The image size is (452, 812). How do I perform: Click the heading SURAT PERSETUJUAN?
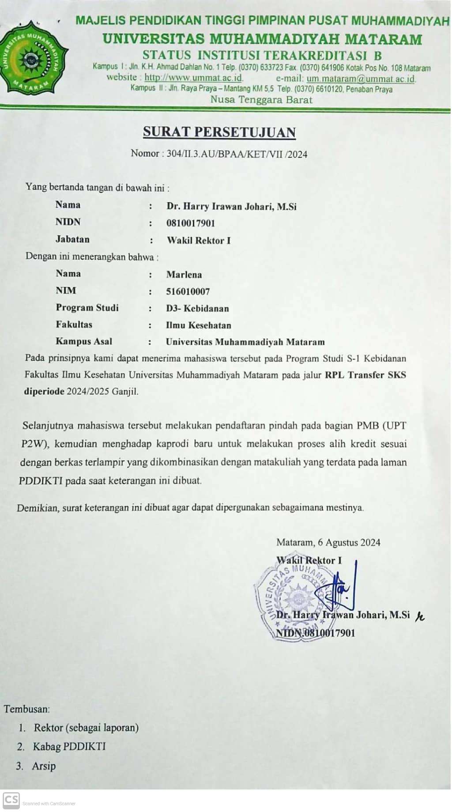pyautogui.click(x=219, y=132)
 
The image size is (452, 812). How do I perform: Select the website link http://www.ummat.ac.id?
pyautogui.click(x=193, y=78)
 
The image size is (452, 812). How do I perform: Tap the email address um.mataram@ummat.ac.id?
pyautogui.click(x=361, y=79)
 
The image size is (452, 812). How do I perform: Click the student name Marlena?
pyautogui.click(x=184, y=275)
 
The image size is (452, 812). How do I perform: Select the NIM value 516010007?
pyautogui.click(x=188, y=291)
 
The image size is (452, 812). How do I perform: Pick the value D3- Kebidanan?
pyautogui.click(x=197, y=308)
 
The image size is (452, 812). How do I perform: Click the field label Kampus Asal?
pyautogui.click(x=84, y=341)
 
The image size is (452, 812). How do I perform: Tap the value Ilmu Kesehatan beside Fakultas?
pyautogui.click(x=198, y=325)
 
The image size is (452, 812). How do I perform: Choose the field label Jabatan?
pyautogui.click(x=72, y=239)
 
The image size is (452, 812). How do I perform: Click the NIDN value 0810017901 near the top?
pyautogui.click(x=191, y=223)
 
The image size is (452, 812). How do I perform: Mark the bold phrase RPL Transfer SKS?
pyautogui.click(x=365, y=375)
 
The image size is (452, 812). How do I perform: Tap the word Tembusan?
pyautogui.click(x=26, y=709)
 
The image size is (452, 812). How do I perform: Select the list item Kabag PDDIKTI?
pyautogui.click(x=69, y=747)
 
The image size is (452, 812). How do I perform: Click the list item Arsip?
pyautogui.click(x=44, y=766)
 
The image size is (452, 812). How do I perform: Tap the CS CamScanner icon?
pyautogui.click(x=11, y=800)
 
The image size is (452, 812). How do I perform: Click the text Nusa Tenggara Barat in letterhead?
pyautogui.click(x=261, y=99)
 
